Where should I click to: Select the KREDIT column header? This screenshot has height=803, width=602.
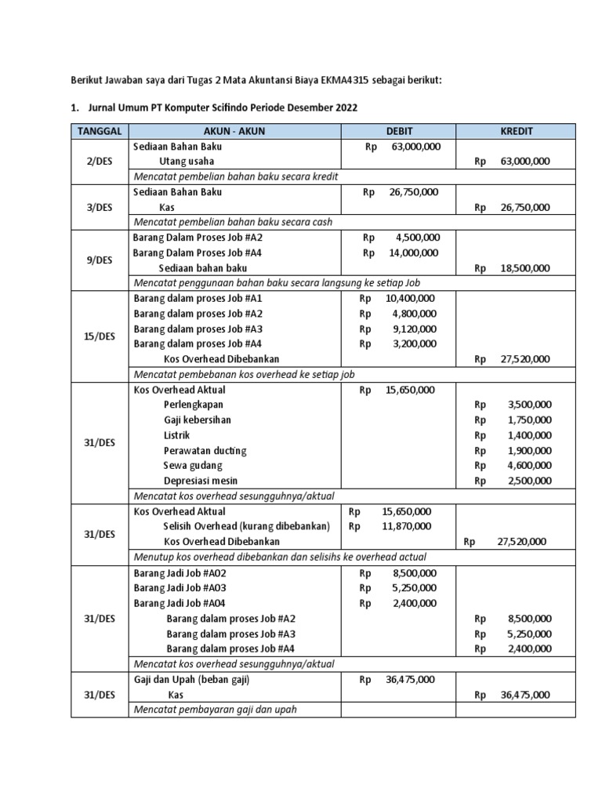[x=516, y=131]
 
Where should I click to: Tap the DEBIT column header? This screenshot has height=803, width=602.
[x=398, y=131]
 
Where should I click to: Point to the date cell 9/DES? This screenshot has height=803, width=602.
[x=99, y=260]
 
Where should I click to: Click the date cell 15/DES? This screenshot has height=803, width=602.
[x=99, y=336]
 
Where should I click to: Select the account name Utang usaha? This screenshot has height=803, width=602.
[x=187, y=162]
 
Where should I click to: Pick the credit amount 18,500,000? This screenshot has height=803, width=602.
[x=524, y=268]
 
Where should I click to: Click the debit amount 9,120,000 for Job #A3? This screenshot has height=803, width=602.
[x=415, y=329]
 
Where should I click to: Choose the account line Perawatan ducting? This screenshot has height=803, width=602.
[x=205, y=450]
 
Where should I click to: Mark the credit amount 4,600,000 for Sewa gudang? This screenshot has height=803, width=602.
[x=529, y=466]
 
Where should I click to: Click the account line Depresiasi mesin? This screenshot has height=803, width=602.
[x=201, y=481]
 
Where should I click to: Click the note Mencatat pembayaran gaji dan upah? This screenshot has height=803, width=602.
[x=216, y=710]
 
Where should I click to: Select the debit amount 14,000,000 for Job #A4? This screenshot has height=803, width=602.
[x=413, y=253]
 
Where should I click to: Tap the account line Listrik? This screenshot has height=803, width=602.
[x=176, y=435]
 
